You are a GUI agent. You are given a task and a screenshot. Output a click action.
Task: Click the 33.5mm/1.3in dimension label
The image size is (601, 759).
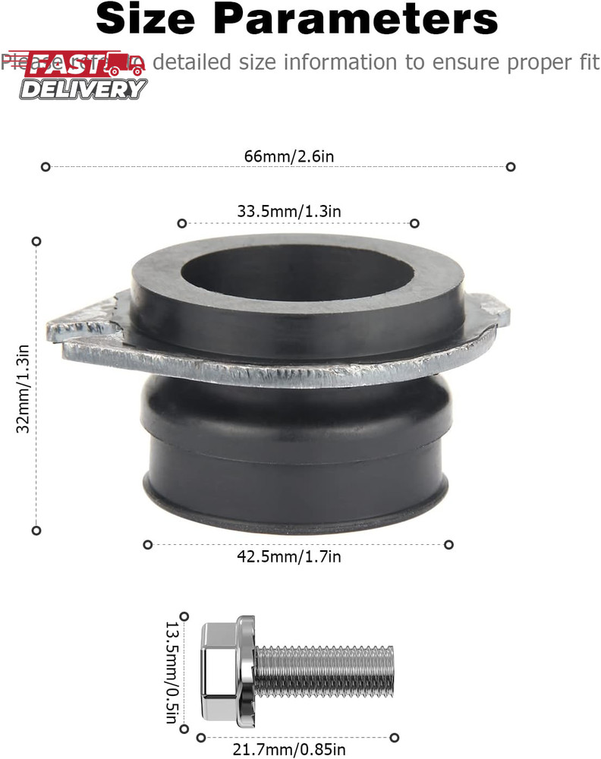click(x=289, y=212)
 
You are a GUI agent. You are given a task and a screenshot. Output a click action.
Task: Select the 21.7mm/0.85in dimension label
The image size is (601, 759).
click(x=297, y=749)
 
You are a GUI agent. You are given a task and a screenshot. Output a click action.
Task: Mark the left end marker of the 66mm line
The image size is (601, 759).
click(x=46, y=166)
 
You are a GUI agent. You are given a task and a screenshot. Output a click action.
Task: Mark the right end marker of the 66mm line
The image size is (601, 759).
click(x=511, y=166)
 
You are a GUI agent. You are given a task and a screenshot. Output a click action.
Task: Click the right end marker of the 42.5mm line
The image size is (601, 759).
click(x=448, y=544)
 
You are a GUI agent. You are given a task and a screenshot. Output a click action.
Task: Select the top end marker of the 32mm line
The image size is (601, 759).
click(x=36, y=241)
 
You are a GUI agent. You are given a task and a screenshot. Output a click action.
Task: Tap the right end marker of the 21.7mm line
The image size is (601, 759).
click(x=394, y=737)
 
